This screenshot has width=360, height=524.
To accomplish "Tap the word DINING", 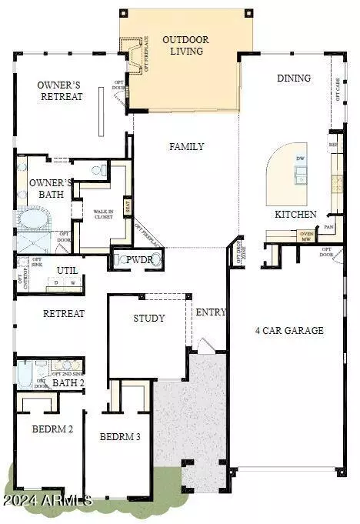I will click(294, 78).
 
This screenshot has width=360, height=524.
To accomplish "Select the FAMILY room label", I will click(186, 146).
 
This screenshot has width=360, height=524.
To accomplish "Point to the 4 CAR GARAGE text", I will click(289, 331).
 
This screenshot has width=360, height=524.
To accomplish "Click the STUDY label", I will click(149, 318).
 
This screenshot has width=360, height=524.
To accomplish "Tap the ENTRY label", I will click(210, 312).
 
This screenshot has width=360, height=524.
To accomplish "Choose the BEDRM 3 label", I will click(120, 436).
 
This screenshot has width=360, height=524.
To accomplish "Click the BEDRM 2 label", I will click(52, 429).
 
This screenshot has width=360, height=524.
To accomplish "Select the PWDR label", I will click(140, 260).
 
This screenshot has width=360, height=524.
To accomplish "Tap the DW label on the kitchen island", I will click(299, 159).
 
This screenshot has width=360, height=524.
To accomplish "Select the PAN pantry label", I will click(328, 228).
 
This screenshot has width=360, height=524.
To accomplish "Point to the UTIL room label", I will click(66, 270).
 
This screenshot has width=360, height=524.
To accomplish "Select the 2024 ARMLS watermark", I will click(47, 501).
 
